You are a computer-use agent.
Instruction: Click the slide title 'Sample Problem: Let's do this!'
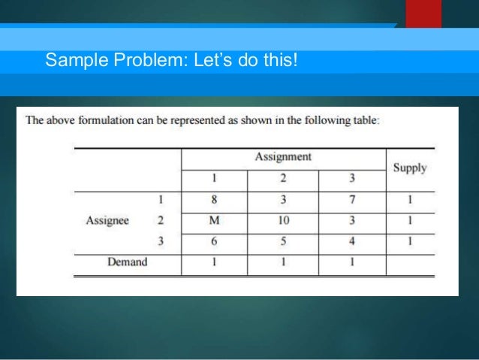point(171,59)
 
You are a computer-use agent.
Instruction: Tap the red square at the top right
point(423,14)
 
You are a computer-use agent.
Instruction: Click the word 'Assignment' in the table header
point(283,157)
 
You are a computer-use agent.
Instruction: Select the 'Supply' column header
point(410,168)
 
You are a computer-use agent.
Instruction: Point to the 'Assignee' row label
point(107,221)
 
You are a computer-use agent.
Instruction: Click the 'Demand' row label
point(127,262)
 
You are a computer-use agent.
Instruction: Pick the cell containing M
point(215,221)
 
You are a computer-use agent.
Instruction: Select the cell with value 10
point(284,221)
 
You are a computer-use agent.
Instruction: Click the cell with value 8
point(215,201)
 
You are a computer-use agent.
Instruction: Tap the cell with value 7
point(352,201)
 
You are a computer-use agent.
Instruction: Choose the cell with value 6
point(215,241)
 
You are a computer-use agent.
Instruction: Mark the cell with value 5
point(284,241)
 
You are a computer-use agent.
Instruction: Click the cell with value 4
point(352,241)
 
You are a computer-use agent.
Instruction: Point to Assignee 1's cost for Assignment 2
point(284,201)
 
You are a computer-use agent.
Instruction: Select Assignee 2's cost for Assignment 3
point(352,221)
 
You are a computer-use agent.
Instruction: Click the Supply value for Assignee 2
point(410,221)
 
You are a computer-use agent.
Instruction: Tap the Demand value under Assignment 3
point(352,262)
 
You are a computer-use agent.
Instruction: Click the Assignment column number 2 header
point(284,180)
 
